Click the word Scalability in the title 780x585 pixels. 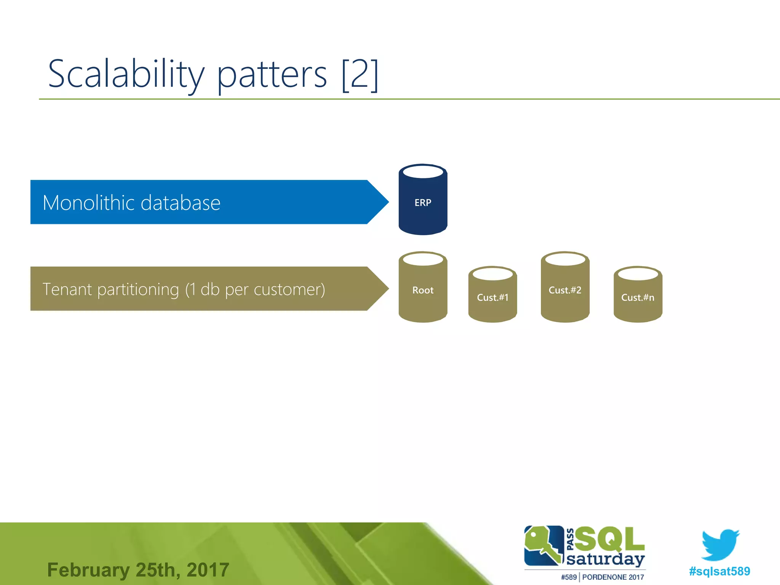click(x=126, y=74)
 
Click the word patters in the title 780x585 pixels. click(x=272, y=75)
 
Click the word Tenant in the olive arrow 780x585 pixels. click(x=67, y=289)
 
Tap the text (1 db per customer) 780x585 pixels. click(x=255, y=289)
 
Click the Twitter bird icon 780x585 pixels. click(x=720, y=545)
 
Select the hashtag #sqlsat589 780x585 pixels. click(x=719, y=571)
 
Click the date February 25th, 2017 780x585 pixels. click(x=138, y=570)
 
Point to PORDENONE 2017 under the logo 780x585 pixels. click(x=613, y=577)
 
